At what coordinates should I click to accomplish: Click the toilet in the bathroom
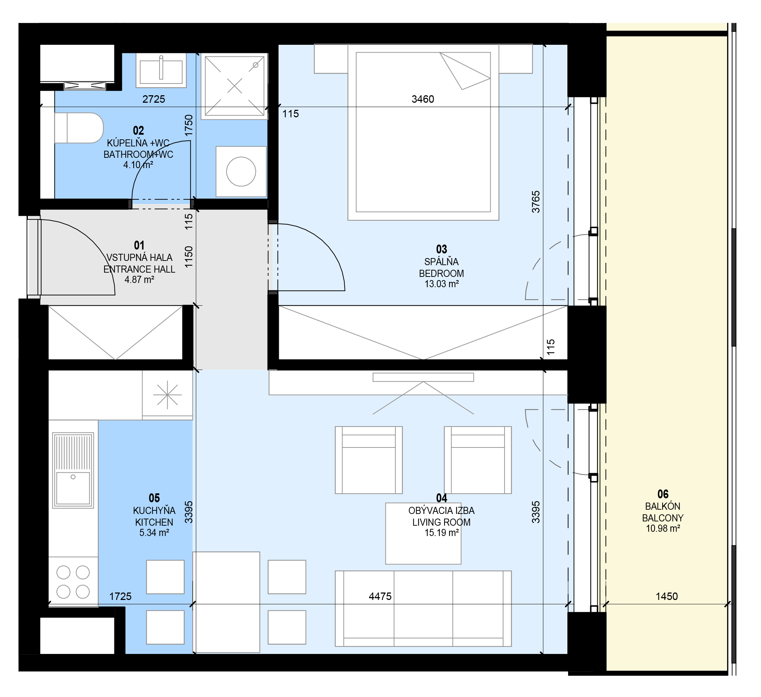tap(79, 128)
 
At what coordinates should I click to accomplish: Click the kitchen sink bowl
tap(73, 489)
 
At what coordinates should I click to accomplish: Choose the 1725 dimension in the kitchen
tap(121, 597)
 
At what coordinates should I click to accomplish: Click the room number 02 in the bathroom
tap(139, 131)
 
